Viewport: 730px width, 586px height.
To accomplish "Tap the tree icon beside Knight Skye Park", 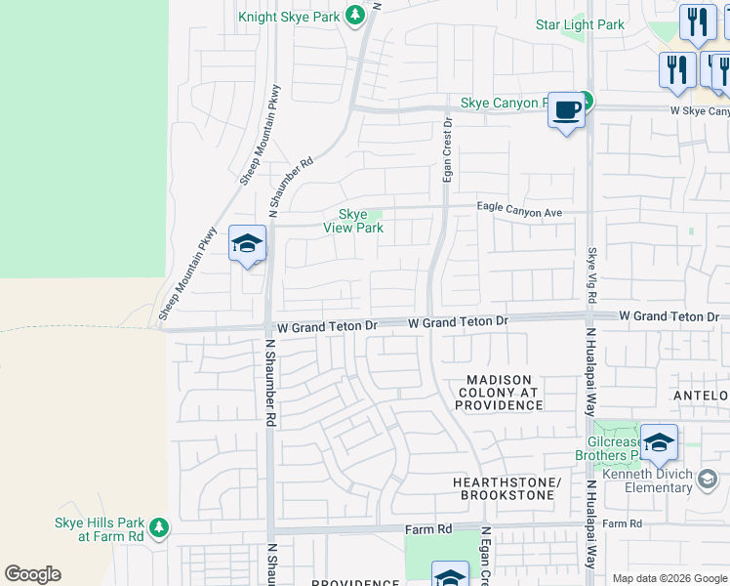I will tap(357, 16).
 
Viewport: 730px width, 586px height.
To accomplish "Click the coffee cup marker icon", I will tap(566, 110).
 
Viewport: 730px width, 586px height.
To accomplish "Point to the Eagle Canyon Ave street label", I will tap(519, 207).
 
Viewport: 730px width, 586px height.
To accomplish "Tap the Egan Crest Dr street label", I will tap(449, 149).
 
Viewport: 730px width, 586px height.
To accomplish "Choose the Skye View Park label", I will tap(352, 221).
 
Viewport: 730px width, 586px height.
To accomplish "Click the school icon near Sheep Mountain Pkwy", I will tap(247, 244).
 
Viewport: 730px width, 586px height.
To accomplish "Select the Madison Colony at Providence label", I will tap(498, 392).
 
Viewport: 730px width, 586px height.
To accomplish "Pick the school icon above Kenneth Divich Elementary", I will tap(659, 443).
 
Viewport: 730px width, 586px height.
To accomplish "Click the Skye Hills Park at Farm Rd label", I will tap(98, 529).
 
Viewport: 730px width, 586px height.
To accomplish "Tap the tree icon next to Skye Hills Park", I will tap(159, 528).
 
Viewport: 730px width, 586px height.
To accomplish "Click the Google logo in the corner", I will tap(32, 574).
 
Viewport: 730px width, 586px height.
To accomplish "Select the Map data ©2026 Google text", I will tap(669, 578).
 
